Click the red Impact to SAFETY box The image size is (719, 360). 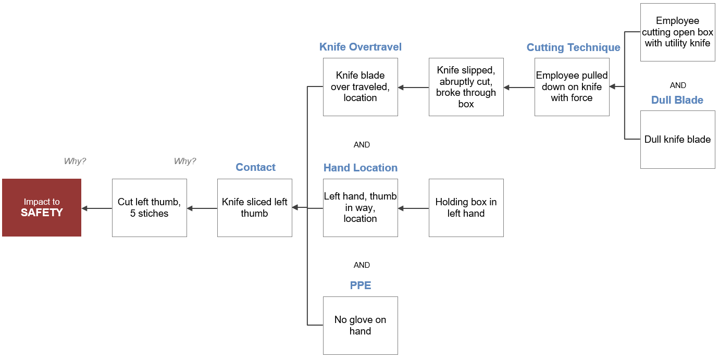coord(42,207)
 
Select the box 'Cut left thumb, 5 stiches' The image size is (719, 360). coord(149,207)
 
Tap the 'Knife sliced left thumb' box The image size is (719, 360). coord(255,207)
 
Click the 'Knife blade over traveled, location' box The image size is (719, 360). coord(360,87)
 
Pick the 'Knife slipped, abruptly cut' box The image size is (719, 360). coord(466,87)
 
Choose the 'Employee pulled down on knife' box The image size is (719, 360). coord(572,87)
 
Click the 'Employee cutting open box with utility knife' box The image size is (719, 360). coord(678,32)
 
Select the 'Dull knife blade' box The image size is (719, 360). coord(678,140)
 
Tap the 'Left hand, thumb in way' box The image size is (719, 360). coord(360,207)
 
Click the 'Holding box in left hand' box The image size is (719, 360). coord(466,207)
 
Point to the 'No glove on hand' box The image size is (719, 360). coord(360,325)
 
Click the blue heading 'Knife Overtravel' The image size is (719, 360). coord(360,47)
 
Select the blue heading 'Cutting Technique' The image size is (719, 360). coord(573,47)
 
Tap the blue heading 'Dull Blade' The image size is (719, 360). coord(677,100)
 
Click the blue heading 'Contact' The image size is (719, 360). coord(255,167)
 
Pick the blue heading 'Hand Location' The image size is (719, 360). coord(360,167)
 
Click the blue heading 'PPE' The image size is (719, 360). coord(361,285)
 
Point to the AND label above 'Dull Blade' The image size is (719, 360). coord(678,85)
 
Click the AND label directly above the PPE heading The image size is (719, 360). coord(362,265)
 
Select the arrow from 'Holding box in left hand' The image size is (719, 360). coord(414,208)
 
